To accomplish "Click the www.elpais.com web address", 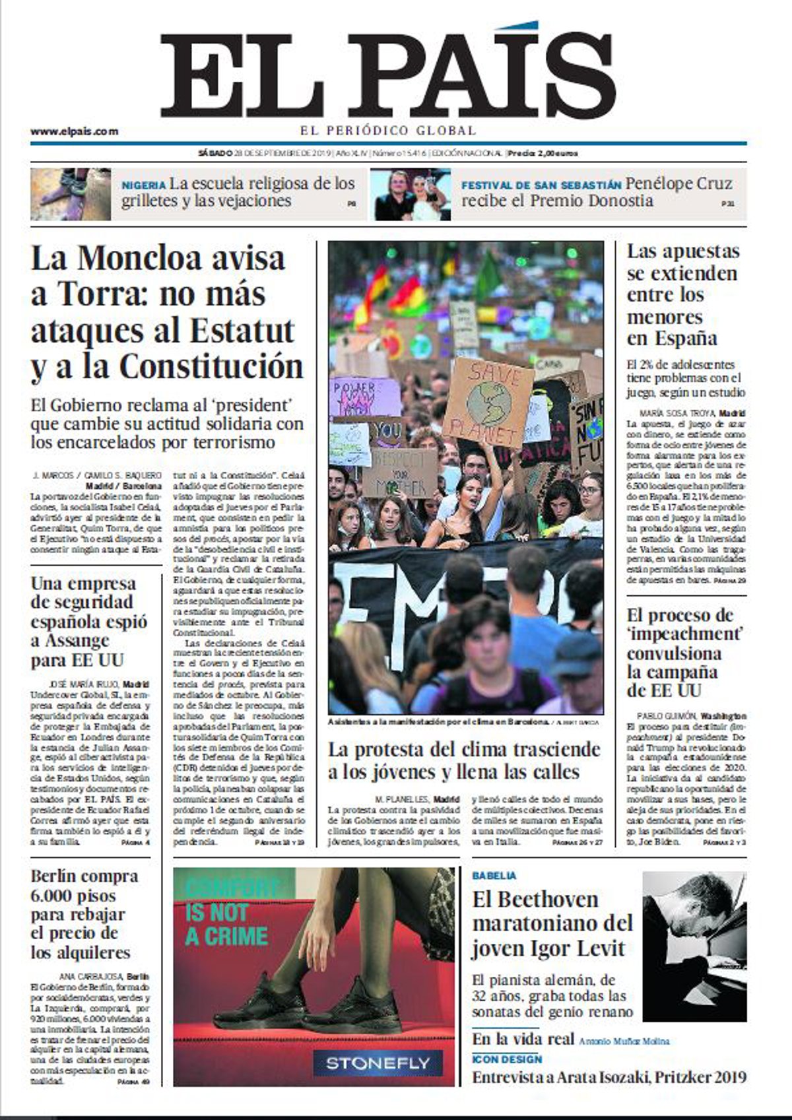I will pos(74,131).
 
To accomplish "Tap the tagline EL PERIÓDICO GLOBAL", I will pos(387,131).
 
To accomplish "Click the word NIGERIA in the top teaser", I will pos(143,185).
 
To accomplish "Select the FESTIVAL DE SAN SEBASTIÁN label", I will pos(541,185).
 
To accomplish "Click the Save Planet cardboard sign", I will pos(488,401).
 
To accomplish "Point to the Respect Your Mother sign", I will pos(398,473).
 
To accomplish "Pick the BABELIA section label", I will pos(494,876).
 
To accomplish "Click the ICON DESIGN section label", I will pos(507,1059).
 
